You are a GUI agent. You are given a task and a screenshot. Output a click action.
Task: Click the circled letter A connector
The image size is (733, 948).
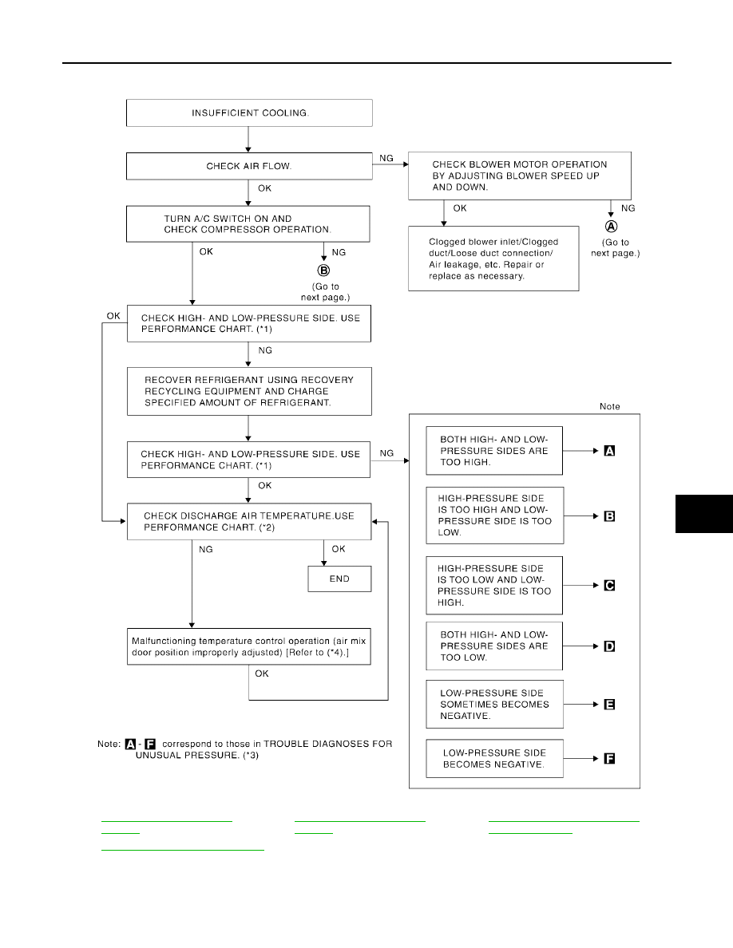click(612, 226)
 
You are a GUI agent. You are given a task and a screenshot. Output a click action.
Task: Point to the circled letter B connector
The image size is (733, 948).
click(324, 271)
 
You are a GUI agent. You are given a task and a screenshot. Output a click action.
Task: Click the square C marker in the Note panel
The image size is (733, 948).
click(609, 585)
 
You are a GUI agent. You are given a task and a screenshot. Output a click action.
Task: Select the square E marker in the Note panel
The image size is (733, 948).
click(609, 705)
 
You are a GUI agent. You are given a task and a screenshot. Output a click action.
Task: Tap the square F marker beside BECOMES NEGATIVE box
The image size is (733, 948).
click(609, 758)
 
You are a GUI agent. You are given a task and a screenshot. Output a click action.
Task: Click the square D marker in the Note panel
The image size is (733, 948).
click(609, 646)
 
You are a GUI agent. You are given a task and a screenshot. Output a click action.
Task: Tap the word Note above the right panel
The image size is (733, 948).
click(609, 406)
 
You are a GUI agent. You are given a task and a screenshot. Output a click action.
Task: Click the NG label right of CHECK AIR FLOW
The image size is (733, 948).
click(386, 159)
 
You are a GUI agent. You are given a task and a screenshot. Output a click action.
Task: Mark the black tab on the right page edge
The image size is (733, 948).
click(704, 514)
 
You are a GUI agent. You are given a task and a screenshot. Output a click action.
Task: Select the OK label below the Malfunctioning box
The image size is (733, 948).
click(262, 673)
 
